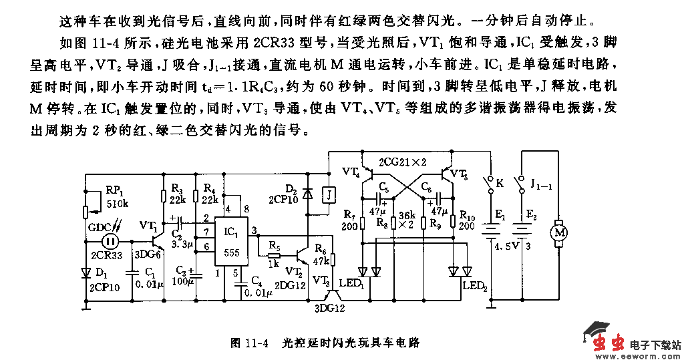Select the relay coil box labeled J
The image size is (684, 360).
(x=329, y=194)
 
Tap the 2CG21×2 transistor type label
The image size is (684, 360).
(x=403, y=163)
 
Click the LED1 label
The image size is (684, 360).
(x=351, y=283)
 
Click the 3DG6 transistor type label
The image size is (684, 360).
(x=148, y=254)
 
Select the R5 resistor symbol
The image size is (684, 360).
(x=273, y=255)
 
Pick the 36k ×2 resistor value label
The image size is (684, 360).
(x=407, y=220)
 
